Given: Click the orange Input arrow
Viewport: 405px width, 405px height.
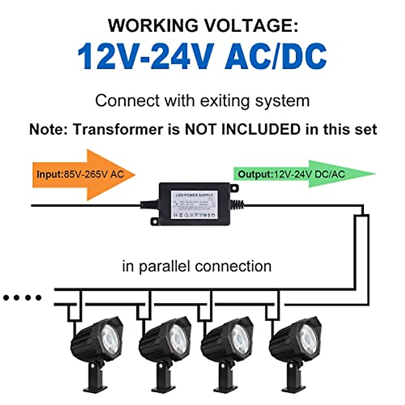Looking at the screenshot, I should (x=84, y=174).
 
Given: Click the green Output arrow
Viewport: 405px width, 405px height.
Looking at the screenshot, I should (x=304, y=174).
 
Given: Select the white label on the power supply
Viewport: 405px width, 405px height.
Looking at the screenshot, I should (x=194, y=205).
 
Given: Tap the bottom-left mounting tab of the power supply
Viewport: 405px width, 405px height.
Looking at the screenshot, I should (x=155, y=221).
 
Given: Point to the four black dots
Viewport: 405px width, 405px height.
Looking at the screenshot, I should (x=22, y=298).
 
